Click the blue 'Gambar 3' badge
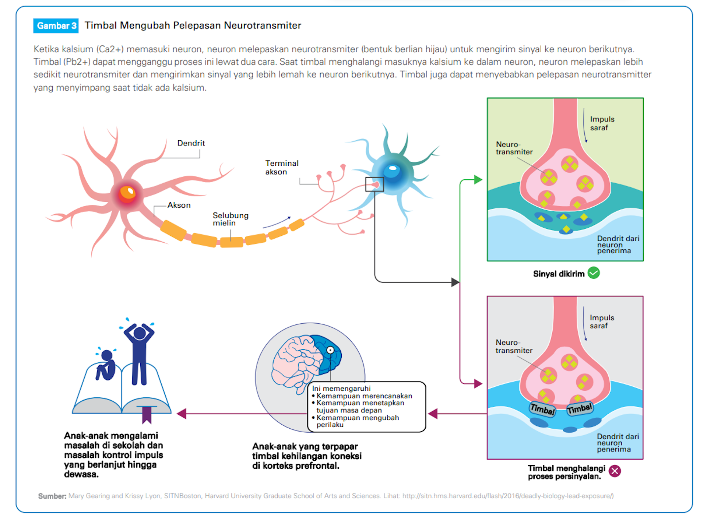click(x=56, y=26)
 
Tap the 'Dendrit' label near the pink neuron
click(x=191, y=143)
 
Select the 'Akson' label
click(x=179, y=205)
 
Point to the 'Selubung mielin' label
click(x=230, y=219)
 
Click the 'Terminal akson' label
click(x=282, y=168)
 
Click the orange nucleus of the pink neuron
click(x=127, y=192)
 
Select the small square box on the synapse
click(x=374, y=184)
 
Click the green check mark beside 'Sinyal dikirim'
click(x=594, y=273)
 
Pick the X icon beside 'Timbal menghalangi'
click(x=615, y=471)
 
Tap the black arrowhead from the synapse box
click(x=455, y=282)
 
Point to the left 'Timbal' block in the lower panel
click(x=542, y=409)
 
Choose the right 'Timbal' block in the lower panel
click(x=580, y=408)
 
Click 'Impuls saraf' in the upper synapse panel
click(x=602, y=123)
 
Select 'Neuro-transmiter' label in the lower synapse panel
click(x=514, y=347)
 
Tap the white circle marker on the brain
click(x=330, y=350)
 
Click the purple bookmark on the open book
click(x=147, y=415)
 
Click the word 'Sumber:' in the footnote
click(x=52, y=496)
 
